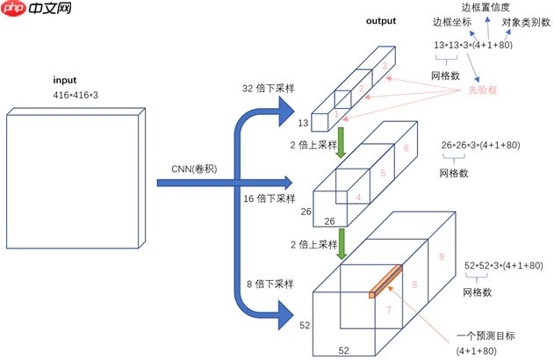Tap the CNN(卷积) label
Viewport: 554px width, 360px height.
(x=197, y=169)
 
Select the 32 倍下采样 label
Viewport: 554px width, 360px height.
(x=270, y=88)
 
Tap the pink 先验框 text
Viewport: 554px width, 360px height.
(x=482, y=91)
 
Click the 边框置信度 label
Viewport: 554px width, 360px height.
(x=486, y=7)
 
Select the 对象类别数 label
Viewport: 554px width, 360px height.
(x=526, y=23)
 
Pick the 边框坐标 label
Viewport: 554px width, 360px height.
(x=451, y=23)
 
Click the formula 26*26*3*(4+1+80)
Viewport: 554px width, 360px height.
(x=480, y=144)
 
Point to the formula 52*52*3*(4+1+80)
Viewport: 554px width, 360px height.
(x=503, y=266)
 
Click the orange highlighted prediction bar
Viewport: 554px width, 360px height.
(x=385, y=282)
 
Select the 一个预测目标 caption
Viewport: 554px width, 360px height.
(x=485, y=335)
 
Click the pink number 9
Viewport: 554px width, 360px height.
(x=442, y=257)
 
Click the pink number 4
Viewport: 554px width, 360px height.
(x=358, y=198)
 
